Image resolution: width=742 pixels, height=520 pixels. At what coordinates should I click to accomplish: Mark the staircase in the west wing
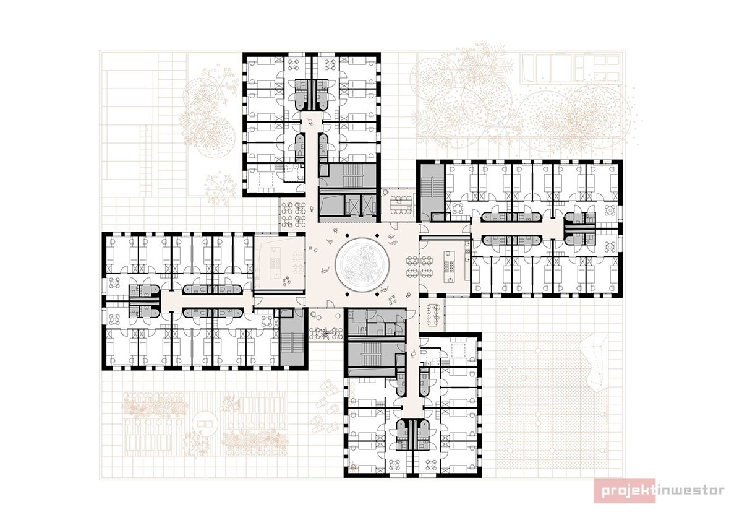coord(292,342)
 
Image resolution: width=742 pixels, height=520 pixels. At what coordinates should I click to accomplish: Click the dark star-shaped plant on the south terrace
coord(326,332)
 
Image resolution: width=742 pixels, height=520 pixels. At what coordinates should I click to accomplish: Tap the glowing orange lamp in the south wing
coord(353,467)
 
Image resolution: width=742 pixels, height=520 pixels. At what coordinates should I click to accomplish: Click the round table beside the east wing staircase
coord(458,208)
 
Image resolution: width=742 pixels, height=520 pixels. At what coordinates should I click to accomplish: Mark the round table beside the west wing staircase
coord(267,321)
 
